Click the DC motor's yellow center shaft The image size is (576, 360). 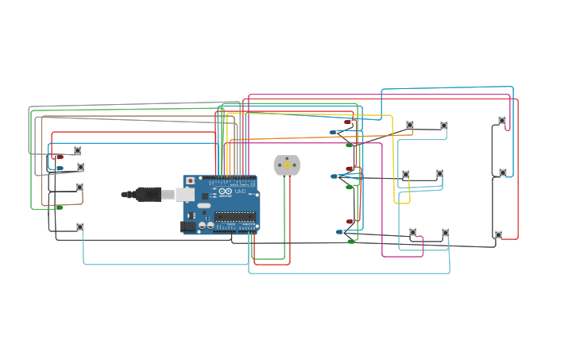287,165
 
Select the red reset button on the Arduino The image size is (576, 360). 190,181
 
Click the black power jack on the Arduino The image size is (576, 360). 188,226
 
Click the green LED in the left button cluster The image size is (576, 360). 59,207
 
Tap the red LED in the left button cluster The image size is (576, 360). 59,157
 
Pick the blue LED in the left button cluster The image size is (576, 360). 59,168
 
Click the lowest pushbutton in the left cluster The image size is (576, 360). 79,226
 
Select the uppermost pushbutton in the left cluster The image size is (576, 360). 77,150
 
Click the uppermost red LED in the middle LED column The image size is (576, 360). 348,122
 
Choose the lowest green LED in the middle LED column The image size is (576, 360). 350,241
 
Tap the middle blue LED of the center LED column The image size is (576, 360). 334,176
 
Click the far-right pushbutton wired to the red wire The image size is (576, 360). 498,234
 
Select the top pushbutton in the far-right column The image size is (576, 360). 501,121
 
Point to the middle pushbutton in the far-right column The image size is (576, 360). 502,172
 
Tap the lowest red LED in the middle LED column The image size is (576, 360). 350,222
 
